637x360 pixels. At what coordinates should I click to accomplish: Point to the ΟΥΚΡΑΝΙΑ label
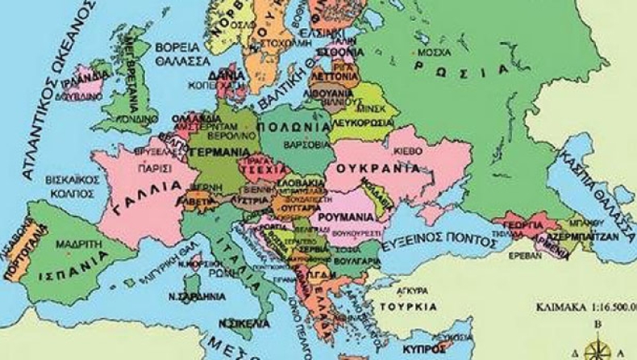pos(383,169)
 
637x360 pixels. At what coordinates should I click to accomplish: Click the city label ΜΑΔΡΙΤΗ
pos(72,241)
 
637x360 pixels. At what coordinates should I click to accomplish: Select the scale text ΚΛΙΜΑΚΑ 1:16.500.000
pos(585,307)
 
